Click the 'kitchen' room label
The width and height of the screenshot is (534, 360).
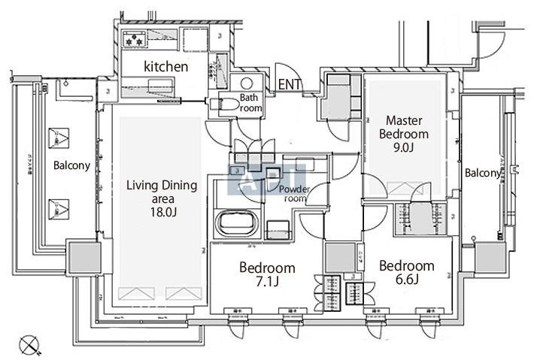tap(165, 67)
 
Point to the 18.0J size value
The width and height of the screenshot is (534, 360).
tap(161, 213)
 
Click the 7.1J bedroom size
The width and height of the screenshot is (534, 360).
tap(268, 283)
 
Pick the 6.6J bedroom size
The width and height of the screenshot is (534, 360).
tap(406, 281)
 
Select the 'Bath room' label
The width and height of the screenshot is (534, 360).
tap(251, 103)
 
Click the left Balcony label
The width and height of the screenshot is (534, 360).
tap(71, 165)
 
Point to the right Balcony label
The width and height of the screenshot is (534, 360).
tap(482, 174)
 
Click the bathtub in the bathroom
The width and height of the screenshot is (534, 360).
tap(238, 223)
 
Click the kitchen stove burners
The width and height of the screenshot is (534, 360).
tap(135, 38)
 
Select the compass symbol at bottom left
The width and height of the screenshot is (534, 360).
tap(30, 344)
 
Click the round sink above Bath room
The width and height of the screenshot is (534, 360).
tap(247, 83)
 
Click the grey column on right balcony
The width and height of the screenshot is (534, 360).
tap(489, 258)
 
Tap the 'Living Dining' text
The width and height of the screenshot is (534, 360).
tap(161, 185)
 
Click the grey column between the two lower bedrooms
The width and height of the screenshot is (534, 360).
tap(340, 258)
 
